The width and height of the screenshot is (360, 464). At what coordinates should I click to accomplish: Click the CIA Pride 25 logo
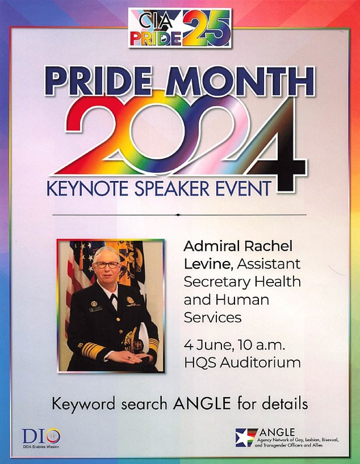(x=180, y=28)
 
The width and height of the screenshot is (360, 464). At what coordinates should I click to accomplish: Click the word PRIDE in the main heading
(x=98, y=81)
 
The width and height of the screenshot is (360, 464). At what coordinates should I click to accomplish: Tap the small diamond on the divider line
(x=178, y=215)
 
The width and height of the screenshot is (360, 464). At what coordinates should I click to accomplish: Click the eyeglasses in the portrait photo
(x=107, y=265)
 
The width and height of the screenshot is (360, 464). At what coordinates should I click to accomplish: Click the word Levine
(x=207, y=264)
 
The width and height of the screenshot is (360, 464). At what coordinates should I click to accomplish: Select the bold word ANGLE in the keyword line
(x=202, y=403)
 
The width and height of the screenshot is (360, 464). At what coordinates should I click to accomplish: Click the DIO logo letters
(x=41, y=436)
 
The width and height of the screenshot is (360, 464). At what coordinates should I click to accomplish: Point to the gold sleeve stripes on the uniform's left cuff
(x=93, y=351)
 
